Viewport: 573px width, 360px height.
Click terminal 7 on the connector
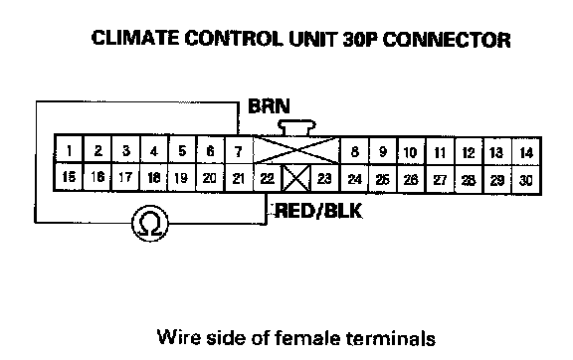click(x=239, y=150)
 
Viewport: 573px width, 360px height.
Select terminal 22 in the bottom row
click(x=268, y=178)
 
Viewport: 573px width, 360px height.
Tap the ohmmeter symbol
click(x=150, y=223)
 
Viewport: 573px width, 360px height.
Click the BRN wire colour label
click(x=269, y=106)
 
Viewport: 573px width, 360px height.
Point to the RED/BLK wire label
click(x=318, y=211)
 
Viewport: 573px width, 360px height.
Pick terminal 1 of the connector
click(x=69, y=149)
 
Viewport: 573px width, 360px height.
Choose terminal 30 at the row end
click(x=526, y=180)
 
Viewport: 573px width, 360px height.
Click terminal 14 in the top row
click(x=526, y=152)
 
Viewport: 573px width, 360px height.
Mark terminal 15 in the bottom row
click(x=69, y=177)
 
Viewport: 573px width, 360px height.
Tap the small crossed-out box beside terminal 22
click(x=296, y=178)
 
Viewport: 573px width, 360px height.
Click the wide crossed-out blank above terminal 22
click(x=296, y=150)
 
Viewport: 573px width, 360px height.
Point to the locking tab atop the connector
click(x=296, y=127)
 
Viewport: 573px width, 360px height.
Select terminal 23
click(x=325, y=178)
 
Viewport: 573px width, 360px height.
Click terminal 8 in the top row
click(x=354, y=151)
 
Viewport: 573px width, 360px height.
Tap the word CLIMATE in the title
click(x=135, y=38)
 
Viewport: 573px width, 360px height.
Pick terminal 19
click(x=182, y=178)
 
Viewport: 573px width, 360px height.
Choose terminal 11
click(x=440, y=152)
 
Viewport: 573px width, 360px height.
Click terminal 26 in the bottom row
click(x=412, y=179)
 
